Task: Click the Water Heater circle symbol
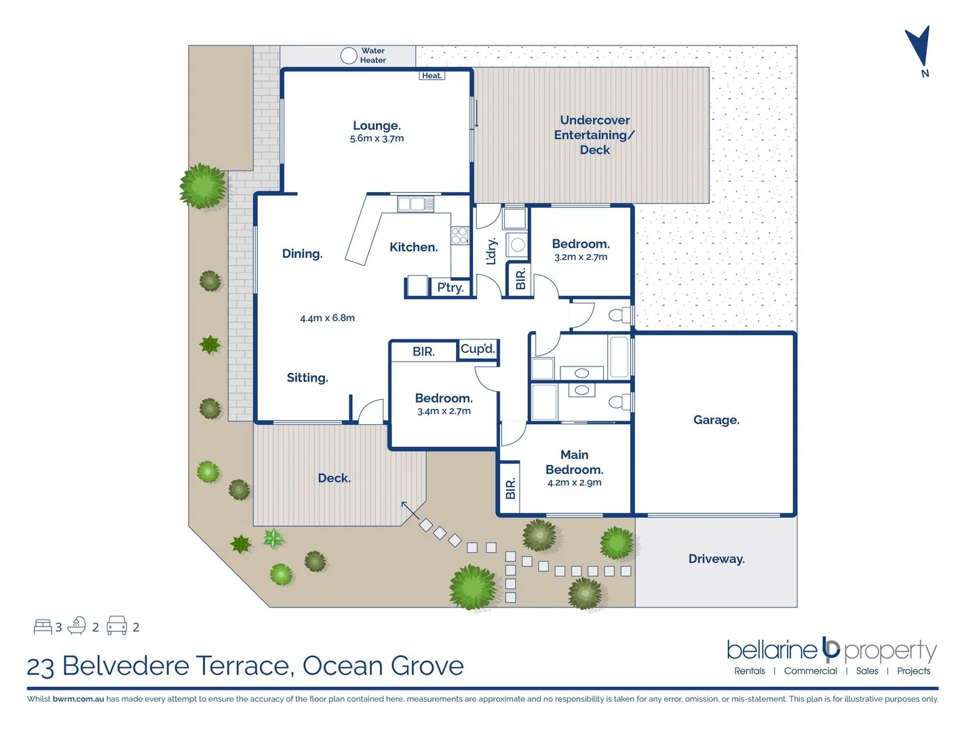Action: (x=349, y=56)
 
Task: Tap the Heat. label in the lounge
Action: (x=432, y=75)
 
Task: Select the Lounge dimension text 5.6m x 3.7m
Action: (x=377, y=138)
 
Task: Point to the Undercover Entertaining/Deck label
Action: (x=594, y=134)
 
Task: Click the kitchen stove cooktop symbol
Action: (x=460, y=235)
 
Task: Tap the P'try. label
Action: (x=450, y=287)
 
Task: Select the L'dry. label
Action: (x=492, y=251)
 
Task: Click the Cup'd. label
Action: (x=478, y=349)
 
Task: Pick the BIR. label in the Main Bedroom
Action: (x=510, y=488)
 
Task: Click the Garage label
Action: (x=716, y=420)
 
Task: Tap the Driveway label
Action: (x=716, y=559)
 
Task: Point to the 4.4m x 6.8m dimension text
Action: (x=327, y=318)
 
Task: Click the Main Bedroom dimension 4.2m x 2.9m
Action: (x=574, y=483)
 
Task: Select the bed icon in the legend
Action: (x=43, y=626)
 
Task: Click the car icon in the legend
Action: (x=117, y=626)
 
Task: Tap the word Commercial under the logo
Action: (x=810, y=671)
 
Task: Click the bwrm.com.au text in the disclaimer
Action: (x=78, y=698)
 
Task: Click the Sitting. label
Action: (x=307, y=377)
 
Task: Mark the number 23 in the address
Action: (x=40, y=666)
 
